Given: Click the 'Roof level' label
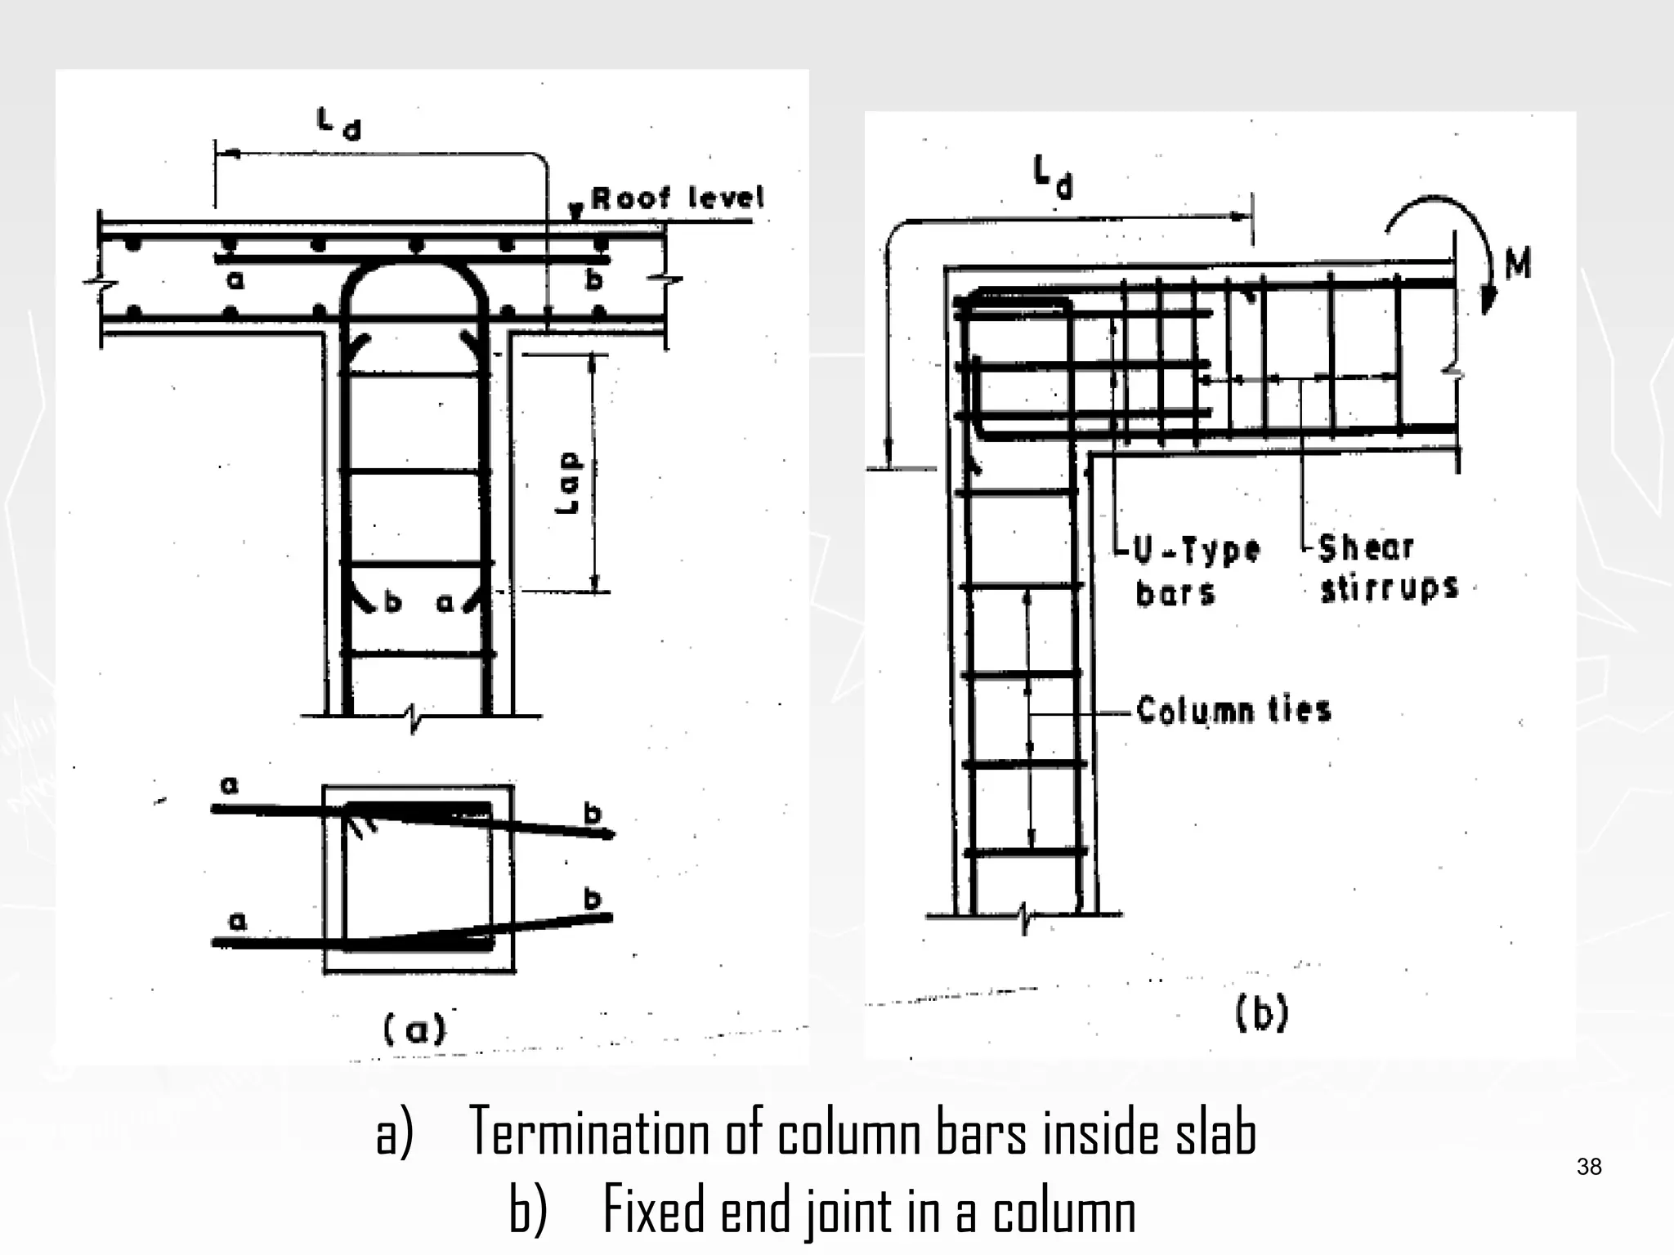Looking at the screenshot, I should click(x=677, y=199).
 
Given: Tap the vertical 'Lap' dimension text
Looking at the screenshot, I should click(x=568, y=482).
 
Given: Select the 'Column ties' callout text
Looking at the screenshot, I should click(x=1233, y=710).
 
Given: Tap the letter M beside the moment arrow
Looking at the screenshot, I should click(x=1517, y=263).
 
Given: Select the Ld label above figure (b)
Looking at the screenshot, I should click(x=1053, y=178).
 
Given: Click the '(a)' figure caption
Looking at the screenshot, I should click(x=415, y=1029).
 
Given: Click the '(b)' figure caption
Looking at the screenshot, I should click(x=1260, y=1014).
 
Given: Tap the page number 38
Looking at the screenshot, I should click(x=1589, y=1167).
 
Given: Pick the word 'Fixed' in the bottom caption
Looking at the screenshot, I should click(x=656, y=1211).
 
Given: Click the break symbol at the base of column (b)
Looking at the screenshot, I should click(x=1024, y=915).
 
